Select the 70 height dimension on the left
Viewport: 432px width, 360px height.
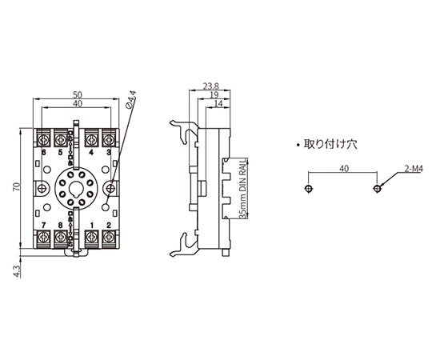coord(16,188)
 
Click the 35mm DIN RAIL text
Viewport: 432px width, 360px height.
coord(242,190)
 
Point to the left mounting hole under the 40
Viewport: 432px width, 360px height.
coord(309,188)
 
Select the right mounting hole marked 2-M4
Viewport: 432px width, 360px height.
coord(377,188)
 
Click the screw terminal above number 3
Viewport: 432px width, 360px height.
coord(108,138)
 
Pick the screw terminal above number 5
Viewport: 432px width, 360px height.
coord(59,138)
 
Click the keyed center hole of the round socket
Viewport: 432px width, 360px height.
coord(75,190)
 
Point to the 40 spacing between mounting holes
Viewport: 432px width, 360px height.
coord(343,170)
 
